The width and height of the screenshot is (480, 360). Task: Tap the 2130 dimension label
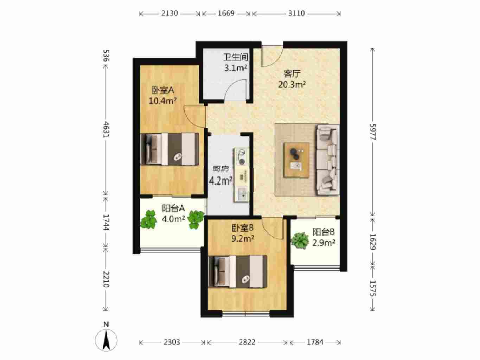tap(169, 13)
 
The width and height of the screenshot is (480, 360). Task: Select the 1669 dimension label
tap(226, 13)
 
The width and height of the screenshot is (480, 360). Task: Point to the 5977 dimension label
tap(372, 132)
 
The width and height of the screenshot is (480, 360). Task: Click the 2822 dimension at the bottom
tap(247, 342)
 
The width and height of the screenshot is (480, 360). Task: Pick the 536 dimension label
tap(106, 56)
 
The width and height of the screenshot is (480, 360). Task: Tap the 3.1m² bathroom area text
tap(236, 68)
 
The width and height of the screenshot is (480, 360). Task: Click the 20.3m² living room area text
tap(292, 84)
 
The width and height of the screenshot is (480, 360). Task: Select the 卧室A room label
tap(163, 90)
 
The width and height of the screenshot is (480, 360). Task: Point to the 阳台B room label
tap(324, 232)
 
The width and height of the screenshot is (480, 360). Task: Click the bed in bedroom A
tap(170, 149)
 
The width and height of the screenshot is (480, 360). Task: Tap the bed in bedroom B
tap(238, 271)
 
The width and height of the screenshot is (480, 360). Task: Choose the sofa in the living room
tap(327, 160)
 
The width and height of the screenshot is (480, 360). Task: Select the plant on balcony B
tap(299, 241)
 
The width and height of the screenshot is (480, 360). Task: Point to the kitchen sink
tap(242, 194)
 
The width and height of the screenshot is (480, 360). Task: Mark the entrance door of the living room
tap(272, 56)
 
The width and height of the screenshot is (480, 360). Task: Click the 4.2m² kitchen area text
tap(220, 181)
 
